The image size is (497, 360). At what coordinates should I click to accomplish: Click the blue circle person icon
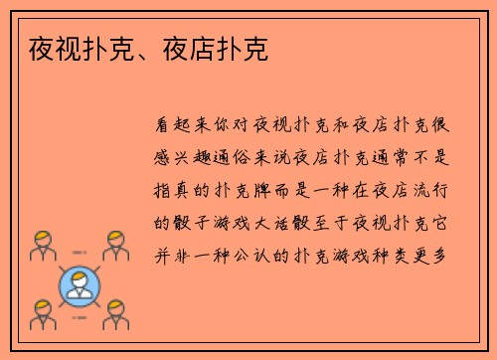pyautogui.click(x=79, y=282)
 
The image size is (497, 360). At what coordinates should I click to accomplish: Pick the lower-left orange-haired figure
pyautogui.click(x=41, y=315)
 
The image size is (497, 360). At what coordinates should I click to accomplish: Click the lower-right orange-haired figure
pyautogui.click(x=116, y=315)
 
